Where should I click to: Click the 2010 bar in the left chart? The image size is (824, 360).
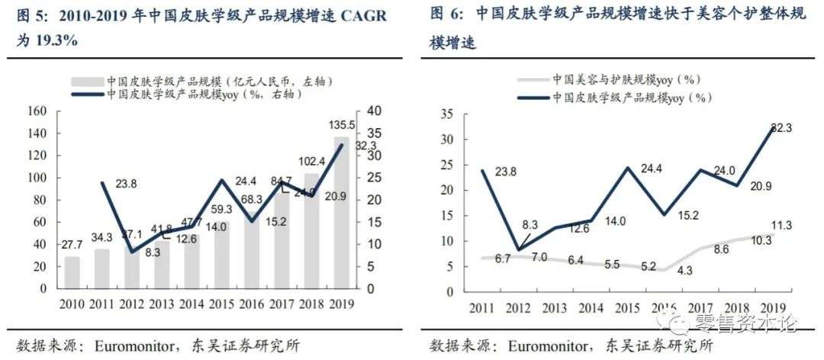71,272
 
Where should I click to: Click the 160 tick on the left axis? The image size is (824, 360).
37,111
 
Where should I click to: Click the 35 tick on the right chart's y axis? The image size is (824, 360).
448,115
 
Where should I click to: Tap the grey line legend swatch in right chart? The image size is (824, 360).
531,79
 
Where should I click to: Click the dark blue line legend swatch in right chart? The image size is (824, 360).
531,98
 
